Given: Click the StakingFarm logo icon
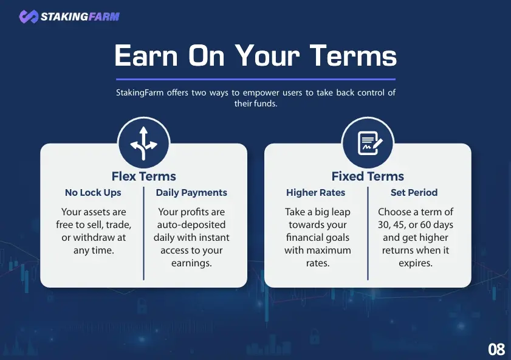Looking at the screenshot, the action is pyautogui.click(x=29, y=16).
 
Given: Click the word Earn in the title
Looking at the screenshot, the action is pyautogui.click(x=146, y=56).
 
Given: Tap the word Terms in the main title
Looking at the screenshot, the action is pyautogui.click(x=353, y=56).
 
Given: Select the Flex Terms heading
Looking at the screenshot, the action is pyautogui.click(x=144, y=176).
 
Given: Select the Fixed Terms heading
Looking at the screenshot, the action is pyautogui.click(x=368, y=176).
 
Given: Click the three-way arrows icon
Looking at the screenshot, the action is pyautogui.click(x=144, y=144).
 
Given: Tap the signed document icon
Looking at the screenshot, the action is pyautogui.click(x=370, y=143).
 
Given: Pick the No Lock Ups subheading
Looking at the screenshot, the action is pyautogui.click(x=93, y=193).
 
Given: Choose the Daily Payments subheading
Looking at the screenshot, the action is pyautogui.click(x=191, y=193).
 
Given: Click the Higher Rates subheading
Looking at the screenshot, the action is pyautogui.click(x=315, y=193).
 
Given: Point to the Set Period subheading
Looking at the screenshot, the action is pyautogui.click(x=414, y=193).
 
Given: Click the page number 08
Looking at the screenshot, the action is pyautogui.click(x=496, y=350).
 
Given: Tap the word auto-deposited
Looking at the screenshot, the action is pyautogui.click(x=191, y=224).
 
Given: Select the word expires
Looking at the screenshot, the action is pyautogui.click(x=416, y=263).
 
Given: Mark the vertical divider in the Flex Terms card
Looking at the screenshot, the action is pyautogui.click(x=144, y=234).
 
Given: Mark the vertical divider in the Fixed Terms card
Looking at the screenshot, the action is pyautogui.click(x=368, y=234).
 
